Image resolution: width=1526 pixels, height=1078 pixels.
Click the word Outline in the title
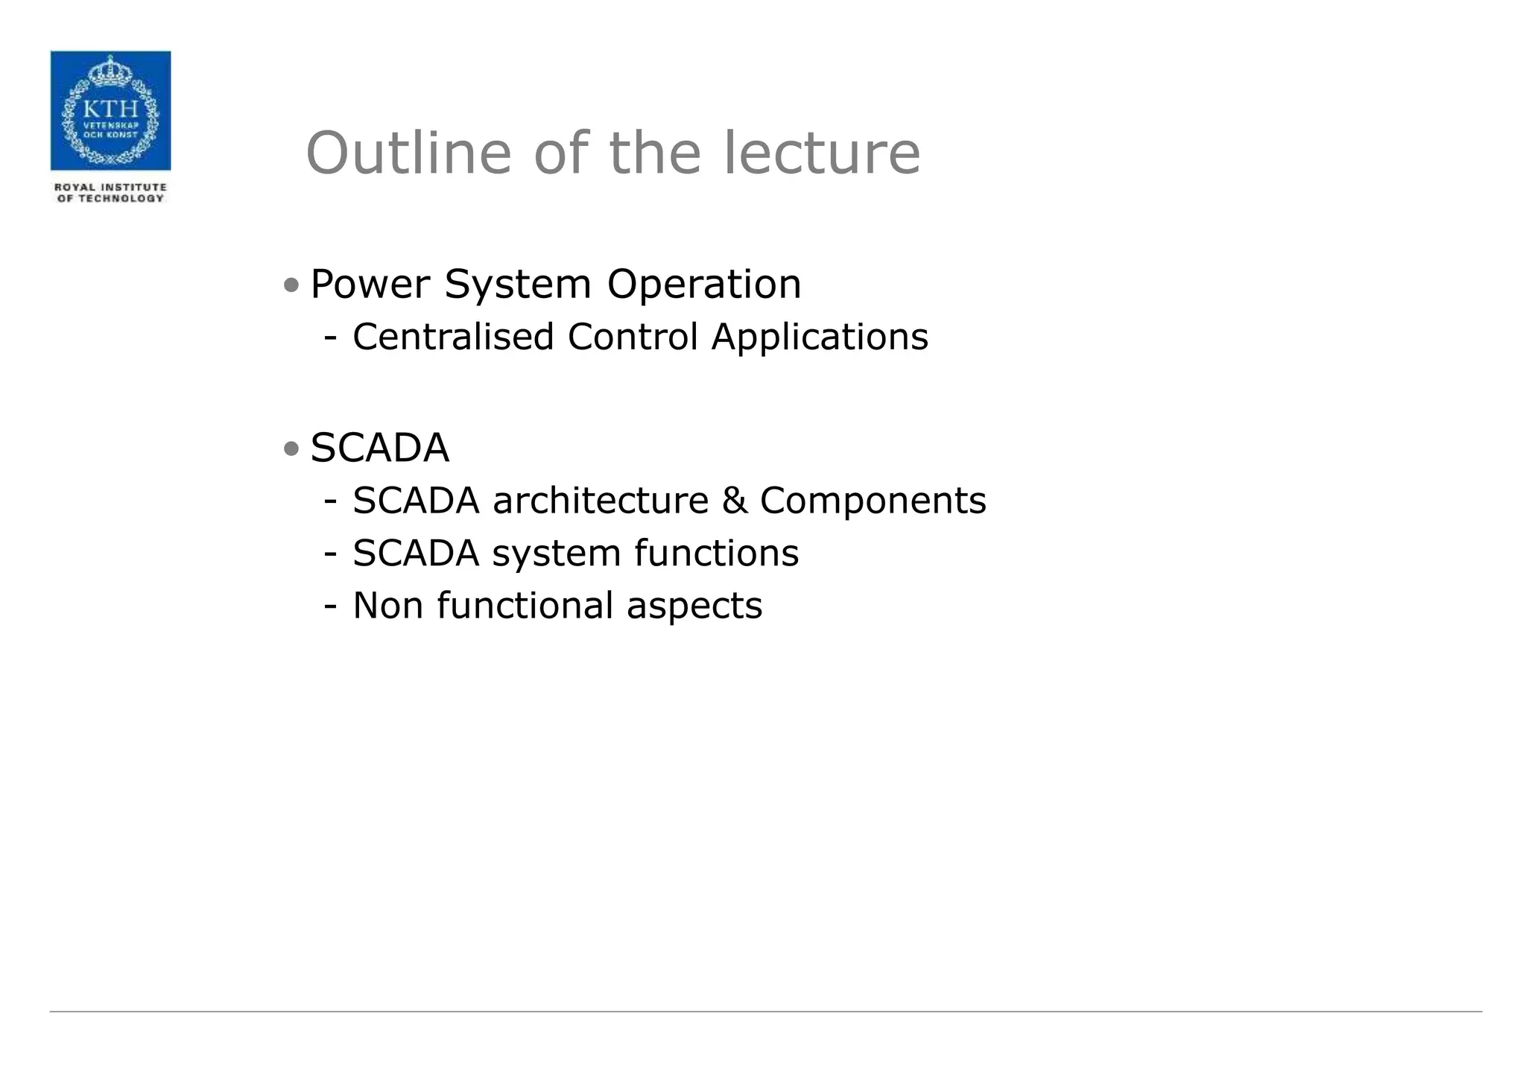408,153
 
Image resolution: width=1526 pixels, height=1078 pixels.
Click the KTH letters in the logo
110,109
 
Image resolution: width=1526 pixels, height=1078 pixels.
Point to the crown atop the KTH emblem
110,70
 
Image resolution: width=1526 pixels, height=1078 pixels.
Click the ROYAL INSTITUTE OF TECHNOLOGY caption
110,192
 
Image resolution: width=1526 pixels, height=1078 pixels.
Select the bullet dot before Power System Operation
291,285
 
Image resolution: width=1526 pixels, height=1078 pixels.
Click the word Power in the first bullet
370,285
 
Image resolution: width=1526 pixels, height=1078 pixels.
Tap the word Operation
704,285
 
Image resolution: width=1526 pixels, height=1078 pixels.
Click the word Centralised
453,337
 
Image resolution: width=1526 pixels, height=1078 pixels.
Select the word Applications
820,337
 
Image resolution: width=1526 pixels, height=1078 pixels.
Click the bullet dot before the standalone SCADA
291,448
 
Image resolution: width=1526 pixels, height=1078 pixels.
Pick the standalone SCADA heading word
379,448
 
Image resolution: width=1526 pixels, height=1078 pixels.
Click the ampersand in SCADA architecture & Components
734,501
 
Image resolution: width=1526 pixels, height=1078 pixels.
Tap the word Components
873,501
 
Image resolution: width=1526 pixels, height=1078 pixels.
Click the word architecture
601,501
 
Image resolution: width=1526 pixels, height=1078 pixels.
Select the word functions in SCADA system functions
716,554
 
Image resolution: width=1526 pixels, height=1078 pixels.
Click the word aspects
694,606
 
